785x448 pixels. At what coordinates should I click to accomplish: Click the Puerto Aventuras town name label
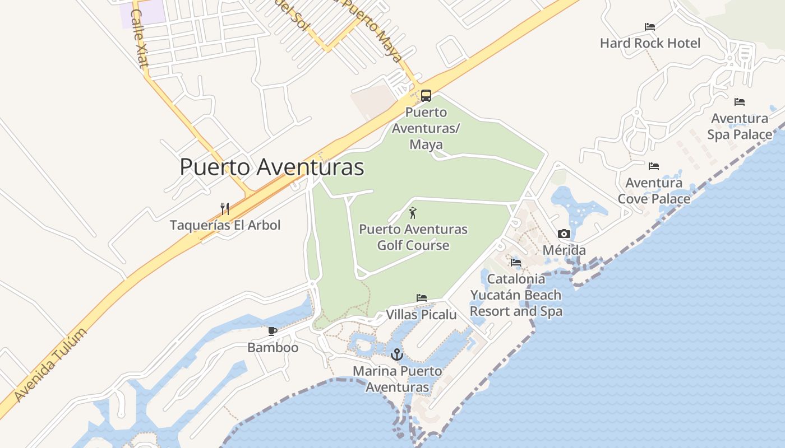coord(272,167)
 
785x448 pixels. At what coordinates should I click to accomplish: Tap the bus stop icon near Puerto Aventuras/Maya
coord(426,96)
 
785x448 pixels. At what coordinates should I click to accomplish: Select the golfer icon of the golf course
coord(413,213)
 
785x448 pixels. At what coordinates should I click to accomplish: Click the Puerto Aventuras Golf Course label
coord(413,237)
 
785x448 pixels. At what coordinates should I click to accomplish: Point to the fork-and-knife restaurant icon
coord(225,209)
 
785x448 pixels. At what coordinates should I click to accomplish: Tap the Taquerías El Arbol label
coord(225,225)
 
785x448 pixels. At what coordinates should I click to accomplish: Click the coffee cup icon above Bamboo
coord(273,332)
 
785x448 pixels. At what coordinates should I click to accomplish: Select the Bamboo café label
coord(273,348)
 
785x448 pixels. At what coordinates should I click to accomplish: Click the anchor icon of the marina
coord(397,354)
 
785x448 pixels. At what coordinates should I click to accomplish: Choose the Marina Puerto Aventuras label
coord(397,379)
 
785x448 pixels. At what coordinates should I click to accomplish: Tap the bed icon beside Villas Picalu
coord(422,298)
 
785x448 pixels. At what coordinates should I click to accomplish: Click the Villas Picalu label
coord(421,315)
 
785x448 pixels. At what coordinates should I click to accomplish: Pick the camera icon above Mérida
coord(564,234)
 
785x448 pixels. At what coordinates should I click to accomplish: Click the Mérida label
coord(564,250)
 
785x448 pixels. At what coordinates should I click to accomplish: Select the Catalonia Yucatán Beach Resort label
coord(516,295)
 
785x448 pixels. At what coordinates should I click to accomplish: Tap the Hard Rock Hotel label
coord(650,43)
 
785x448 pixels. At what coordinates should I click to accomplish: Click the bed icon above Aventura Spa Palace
coord(740,102)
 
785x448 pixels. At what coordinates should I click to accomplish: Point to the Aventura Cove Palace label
coord(654,191)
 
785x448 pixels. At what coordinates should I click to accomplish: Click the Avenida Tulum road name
coord(50,365)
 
